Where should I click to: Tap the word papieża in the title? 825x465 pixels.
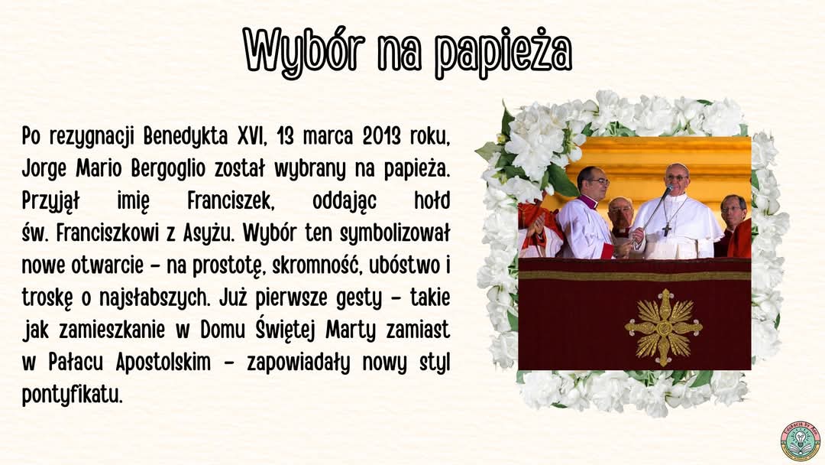coord(503,53)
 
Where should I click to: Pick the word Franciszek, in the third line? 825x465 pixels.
coord(231,201)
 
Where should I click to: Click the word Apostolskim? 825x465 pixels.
coord(163,363)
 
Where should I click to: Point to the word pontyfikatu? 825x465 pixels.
coord(72,395)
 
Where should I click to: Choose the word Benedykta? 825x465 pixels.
coord(185,137)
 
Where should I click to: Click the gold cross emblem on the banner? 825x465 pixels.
coord(664,327)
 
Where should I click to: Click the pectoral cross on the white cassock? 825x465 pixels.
coord(667,229)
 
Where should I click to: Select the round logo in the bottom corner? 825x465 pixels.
coord(801,441)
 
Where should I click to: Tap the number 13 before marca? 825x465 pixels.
coord(285,136)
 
